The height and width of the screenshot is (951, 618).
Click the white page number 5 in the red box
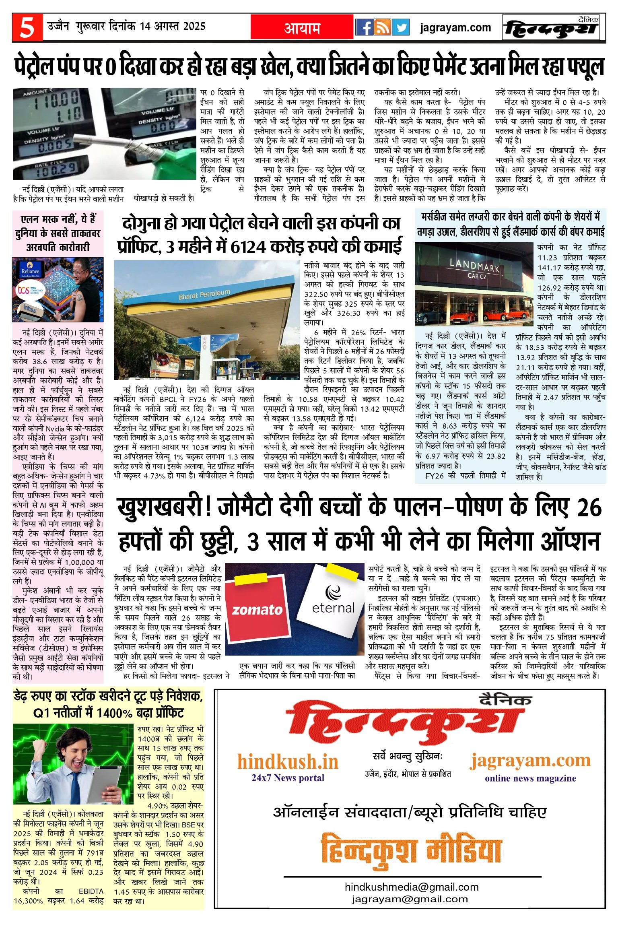[27, 28]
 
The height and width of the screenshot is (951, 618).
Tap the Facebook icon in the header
[364, 27]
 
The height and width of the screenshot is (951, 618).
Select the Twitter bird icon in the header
[400, 27]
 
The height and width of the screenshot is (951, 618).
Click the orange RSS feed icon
[382, 27]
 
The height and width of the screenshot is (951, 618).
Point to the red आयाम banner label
[302, 28]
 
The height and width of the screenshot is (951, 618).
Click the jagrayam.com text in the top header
[455, 28]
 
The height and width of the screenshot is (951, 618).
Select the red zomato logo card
[257, 609]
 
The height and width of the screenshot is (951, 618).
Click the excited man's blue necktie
[75, 787]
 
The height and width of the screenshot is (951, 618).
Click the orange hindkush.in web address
[288, 762]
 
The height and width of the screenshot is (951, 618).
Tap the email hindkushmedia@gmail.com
[412, 887]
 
